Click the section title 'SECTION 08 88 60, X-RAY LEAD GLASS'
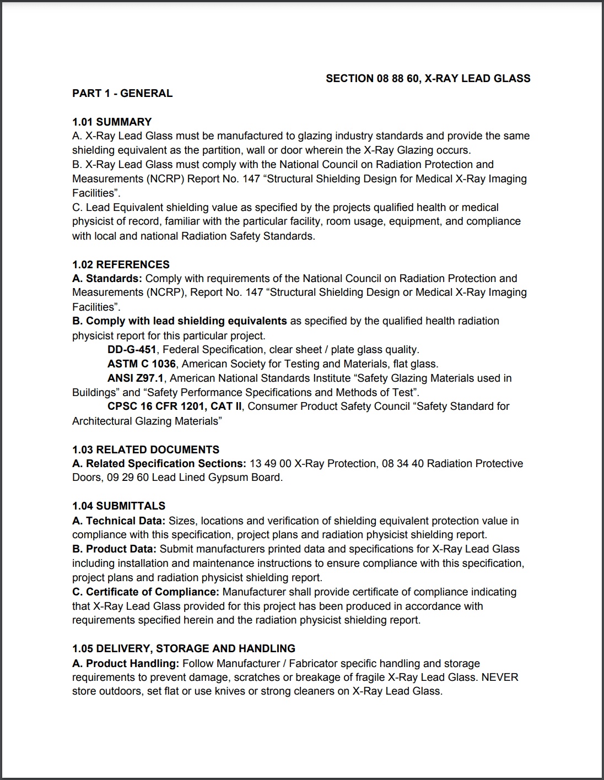coord(428,79)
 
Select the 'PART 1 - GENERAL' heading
coord(122,94)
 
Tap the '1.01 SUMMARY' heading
coord(112,122)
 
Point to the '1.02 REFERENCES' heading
coord(121,264)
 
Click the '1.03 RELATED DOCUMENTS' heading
coord(145,449)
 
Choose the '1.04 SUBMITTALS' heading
coord(118,506)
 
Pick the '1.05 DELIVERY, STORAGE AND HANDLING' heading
coord(184,648)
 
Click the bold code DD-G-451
coord(132,350)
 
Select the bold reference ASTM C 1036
coord(142,364)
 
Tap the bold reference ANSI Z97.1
coord(136,378)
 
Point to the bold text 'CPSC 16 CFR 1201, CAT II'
coord(174,407)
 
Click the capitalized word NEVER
coord(500,677)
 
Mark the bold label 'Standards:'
coord(114,279)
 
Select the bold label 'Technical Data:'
coord(125,521)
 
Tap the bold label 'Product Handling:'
coord(132,663)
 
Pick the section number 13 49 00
coord(270,464)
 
